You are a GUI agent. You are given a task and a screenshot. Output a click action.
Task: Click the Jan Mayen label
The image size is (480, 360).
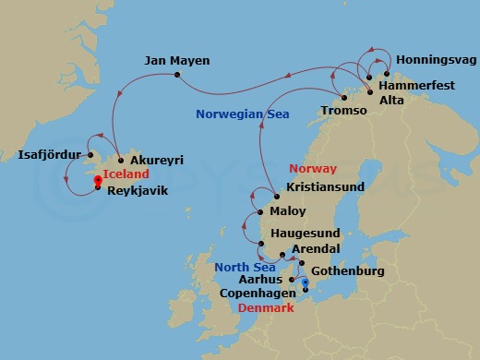(177, 61)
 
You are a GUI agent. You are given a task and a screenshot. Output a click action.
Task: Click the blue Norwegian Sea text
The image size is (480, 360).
(243, 114)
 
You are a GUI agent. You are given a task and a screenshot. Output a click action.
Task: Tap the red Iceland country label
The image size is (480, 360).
(126, 173)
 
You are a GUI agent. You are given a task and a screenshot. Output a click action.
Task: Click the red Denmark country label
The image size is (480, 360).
(266, 307)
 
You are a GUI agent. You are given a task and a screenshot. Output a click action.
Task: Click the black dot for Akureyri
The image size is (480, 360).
(120, 160)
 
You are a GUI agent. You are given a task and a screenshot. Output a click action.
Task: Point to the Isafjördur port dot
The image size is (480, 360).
(90, 154)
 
